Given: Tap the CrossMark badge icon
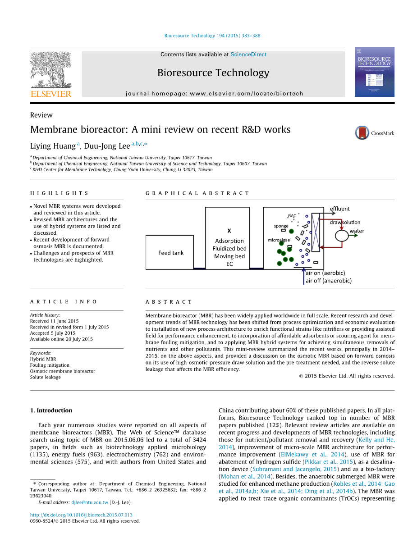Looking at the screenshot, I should tap(362, 133).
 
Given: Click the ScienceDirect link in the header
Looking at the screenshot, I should tap(248, 55).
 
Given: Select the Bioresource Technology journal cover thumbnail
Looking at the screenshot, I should tap(374, 72).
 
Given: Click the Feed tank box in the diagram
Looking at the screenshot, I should tap(171, 253).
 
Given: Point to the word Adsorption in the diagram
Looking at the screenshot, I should tap(229, 241).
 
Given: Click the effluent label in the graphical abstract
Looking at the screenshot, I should tap(339, 209).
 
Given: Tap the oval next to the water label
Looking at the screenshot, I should tap(341, 235).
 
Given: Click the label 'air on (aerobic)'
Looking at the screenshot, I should tap(325, 273).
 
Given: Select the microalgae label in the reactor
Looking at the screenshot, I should tap(279, 240).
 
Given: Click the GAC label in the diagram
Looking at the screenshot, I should tap(292, 216).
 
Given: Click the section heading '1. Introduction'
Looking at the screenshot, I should tap(51, 410).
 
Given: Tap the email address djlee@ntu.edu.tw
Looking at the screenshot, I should tap(90, 502).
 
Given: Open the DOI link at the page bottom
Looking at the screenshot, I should tap(81, 515).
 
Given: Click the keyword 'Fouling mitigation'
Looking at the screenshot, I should tap(50, 365).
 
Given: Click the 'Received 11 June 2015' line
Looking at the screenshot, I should tap(54, 321).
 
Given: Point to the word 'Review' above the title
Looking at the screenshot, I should tap(41, 115).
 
